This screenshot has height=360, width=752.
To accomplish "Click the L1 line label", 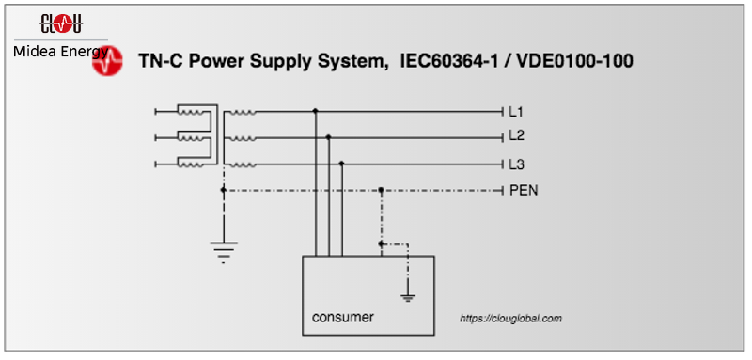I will point(516,111).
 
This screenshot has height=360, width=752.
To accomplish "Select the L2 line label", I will point(516,136).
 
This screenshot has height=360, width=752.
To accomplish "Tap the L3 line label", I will point(516,164).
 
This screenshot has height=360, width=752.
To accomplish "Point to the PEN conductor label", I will point(524,190).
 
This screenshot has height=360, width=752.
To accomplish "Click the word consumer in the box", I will point(342,317).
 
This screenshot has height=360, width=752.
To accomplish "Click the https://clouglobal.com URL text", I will point(510,319).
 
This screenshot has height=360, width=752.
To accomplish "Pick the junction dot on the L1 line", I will point(315,111).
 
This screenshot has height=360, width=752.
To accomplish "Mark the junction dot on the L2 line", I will point(328,137).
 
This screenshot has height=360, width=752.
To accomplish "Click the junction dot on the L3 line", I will point(341,164).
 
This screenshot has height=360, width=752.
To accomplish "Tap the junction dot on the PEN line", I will point(381,190).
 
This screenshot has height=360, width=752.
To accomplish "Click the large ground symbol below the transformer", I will point(223,250).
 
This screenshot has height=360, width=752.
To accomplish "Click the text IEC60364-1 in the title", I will point(443,62).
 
